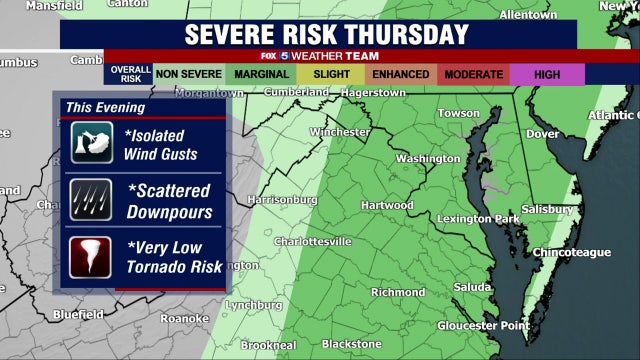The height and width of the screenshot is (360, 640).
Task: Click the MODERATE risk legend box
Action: (x=473, y=74)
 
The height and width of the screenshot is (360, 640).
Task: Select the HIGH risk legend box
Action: (x=547, y=74)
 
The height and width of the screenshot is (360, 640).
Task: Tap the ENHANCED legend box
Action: (x=400, y=74)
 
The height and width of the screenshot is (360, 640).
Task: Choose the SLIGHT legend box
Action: (x=330, y=74)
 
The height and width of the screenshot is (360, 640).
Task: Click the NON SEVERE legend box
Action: (x=188, y=74)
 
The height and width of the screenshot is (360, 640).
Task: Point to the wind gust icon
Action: (x=92, y=143)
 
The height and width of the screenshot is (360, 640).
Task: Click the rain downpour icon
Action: (x=92, y=198)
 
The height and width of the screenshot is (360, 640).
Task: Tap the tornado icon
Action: (x=92, y=256)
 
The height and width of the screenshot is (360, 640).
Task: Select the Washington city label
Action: (x=428, y=158)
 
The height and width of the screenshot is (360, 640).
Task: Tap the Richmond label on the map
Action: (x=398, y=292)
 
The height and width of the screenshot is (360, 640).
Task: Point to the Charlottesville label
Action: (x=312, y=241)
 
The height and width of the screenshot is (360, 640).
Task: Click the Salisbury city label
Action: (x=547, y=209)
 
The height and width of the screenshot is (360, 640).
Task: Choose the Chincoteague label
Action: (x=571, y=252)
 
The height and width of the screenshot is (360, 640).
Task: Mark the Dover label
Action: (x=543, y=133)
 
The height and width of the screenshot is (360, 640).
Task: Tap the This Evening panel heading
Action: (x=105, y=107)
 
